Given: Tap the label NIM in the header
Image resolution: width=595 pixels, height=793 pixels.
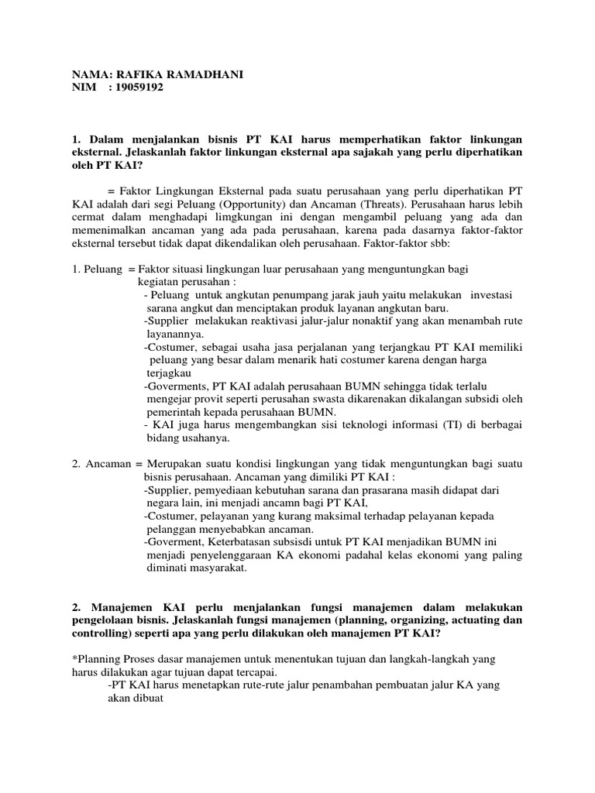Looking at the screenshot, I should [84, 88].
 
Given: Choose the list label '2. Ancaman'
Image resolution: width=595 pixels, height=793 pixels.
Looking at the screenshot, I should [99, 465].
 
